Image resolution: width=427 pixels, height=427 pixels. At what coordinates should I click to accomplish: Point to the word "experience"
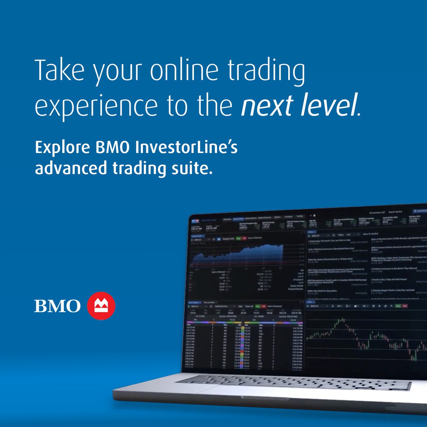click(x=96, y=106)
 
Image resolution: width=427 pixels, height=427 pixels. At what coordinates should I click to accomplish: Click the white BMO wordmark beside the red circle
click(x=57, y=306)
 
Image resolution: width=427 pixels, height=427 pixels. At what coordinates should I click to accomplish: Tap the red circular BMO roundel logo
click(x=101, y=306)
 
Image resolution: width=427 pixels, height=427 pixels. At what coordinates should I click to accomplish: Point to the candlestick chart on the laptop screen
click(x=367, y=338)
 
